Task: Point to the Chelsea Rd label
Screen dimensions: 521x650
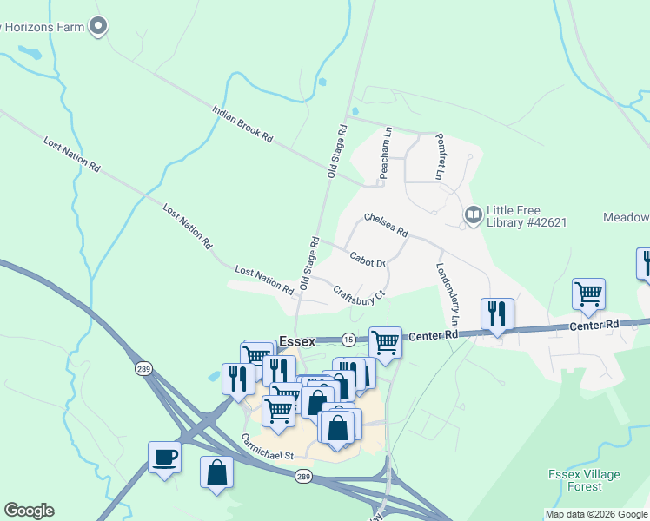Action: coord(386,225)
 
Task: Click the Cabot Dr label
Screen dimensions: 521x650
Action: coord(368,257)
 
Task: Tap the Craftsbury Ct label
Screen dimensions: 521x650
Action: coord(359,293)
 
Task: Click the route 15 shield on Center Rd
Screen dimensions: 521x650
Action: coord(348,339)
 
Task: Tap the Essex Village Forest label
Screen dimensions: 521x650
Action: coord(584,480)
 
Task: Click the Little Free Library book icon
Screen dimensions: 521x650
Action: coord(473,214)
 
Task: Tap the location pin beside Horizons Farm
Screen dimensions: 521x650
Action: coord(98,26)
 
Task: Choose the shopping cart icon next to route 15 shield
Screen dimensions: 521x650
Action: coord(385,340)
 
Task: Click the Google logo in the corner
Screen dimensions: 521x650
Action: coord(29,511)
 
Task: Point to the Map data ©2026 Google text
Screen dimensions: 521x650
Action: coord(596,514)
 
